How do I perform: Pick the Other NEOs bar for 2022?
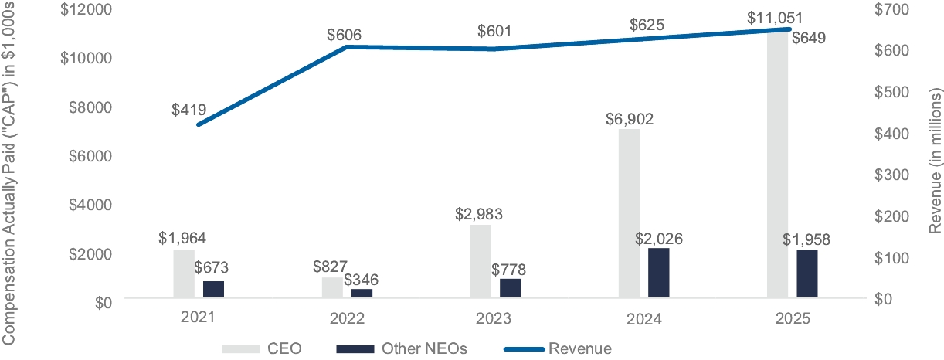tap(362, 292)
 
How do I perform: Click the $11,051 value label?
tap(778, 18)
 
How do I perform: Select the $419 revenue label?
tap(190, 110)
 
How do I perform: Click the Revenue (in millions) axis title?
tap(936, 161)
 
